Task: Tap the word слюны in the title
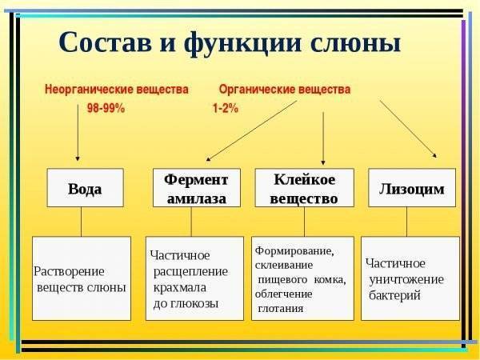(x=358, y=42)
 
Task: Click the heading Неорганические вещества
(x=116, y=90)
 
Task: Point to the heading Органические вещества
(x=284, y=90)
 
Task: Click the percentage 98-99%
(x=106, y=109)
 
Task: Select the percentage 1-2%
(x=225, y=109)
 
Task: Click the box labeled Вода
(x=85, y=189)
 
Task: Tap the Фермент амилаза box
(x=196, y=189)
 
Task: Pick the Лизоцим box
(x=411, y=189)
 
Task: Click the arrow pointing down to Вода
(x=78, y=136)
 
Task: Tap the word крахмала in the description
(x=179, y=287)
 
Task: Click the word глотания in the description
(x=280, y=308)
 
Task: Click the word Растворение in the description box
(x=70, y=271)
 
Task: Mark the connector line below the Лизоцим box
(x=407, y=222)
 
